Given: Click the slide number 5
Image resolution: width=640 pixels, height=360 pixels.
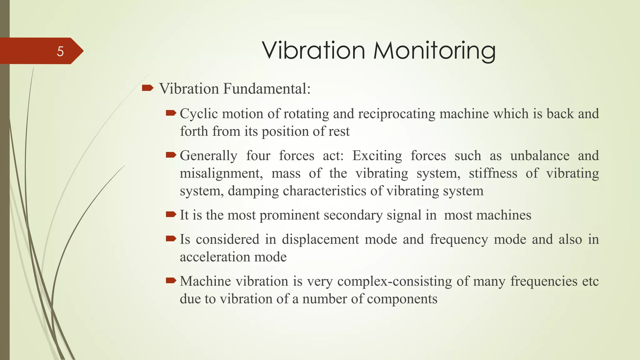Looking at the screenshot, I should point(60,51).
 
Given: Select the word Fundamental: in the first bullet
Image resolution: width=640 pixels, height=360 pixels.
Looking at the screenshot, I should point(267,89).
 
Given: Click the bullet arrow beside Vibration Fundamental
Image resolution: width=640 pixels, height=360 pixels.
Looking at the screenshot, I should point(147,88).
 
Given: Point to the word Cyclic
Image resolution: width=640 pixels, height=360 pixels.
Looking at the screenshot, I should point(199,114).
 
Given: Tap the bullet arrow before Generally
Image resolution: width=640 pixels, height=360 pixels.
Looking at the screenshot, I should point(171,155).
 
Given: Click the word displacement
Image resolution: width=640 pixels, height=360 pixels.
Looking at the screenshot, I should point(320,239).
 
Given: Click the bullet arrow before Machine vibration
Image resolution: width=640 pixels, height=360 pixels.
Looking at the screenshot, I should point(171,280).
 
